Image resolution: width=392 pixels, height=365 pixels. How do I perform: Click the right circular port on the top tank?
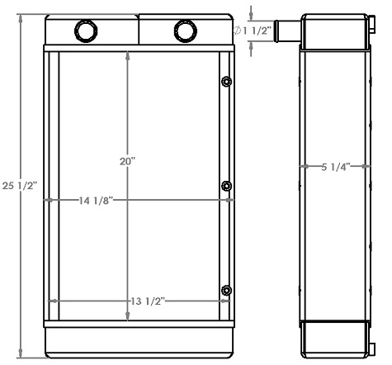[x=184, y=31]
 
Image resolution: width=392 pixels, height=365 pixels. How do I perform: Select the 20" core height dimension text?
[x=126, y=164]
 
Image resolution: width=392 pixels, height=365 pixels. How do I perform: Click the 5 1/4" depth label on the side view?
[x=336, y=167]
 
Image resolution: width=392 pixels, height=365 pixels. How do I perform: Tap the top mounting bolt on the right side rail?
[x=225, y=81]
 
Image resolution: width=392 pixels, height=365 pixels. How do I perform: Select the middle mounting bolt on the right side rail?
[x=225, y=186]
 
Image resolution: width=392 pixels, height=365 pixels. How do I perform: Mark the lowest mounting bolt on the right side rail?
[x=225, y=290]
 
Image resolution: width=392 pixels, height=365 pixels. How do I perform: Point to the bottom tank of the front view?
[x=137, y=340]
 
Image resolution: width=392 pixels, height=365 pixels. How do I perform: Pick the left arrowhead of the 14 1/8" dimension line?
[x=50, y=200]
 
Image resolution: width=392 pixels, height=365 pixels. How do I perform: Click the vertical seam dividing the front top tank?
[x=138, y=31]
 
